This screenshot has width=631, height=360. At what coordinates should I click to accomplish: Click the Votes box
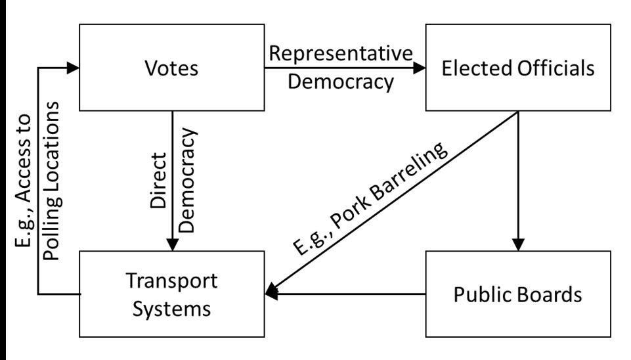pos(173,67)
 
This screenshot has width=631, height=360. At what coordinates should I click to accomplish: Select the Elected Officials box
pos(518,67)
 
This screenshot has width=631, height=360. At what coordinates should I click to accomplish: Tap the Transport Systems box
pos(173,294)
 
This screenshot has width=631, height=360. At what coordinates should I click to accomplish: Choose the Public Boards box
pos(518,294)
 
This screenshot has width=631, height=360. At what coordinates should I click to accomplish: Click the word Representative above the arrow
pos(341,54)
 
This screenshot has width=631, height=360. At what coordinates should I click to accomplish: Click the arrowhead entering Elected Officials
pos(420,67)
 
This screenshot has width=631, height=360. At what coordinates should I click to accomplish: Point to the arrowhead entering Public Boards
pos(519,244)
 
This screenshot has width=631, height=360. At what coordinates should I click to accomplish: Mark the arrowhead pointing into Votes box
pos(73,67)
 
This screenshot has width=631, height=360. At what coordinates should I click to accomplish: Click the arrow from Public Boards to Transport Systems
pos(348,294)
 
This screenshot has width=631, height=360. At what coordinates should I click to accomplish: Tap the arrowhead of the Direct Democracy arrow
pos(173,244)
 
